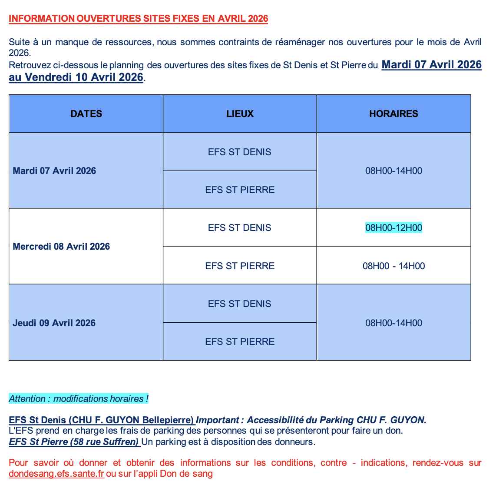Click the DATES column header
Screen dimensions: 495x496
[86, 114]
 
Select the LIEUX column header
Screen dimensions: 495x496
[240, 114]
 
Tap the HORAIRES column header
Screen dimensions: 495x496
[393, 114]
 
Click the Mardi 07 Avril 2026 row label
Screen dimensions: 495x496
[54, 171]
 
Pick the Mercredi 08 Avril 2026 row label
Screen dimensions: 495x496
[61, 247]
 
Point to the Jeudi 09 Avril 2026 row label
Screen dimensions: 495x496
[54, 323]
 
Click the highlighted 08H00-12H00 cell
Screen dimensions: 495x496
[393, 228]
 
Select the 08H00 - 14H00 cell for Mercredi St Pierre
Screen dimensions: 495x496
[393, 266]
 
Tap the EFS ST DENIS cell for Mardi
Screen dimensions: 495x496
[240, 152]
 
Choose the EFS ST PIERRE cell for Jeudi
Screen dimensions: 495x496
[240, 342]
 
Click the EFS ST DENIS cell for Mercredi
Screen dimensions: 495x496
[240, 228]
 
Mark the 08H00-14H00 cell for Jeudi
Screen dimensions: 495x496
[393, 323]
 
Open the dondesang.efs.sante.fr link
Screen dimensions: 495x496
[56, 474]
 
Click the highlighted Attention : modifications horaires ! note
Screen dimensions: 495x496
[79, 399]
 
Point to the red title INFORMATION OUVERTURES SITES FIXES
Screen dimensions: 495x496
[138, 19]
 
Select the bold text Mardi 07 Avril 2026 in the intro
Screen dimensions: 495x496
[431, 65]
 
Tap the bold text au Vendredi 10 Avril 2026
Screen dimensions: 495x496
[76, 77]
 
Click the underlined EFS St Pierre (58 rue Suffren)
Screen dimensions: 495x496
[74, 442]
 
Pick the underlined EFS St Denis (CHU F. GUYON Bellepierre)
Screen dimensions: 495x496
[102, 420]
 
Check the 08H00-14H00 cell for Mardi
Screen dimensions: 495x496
[393, 171]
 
